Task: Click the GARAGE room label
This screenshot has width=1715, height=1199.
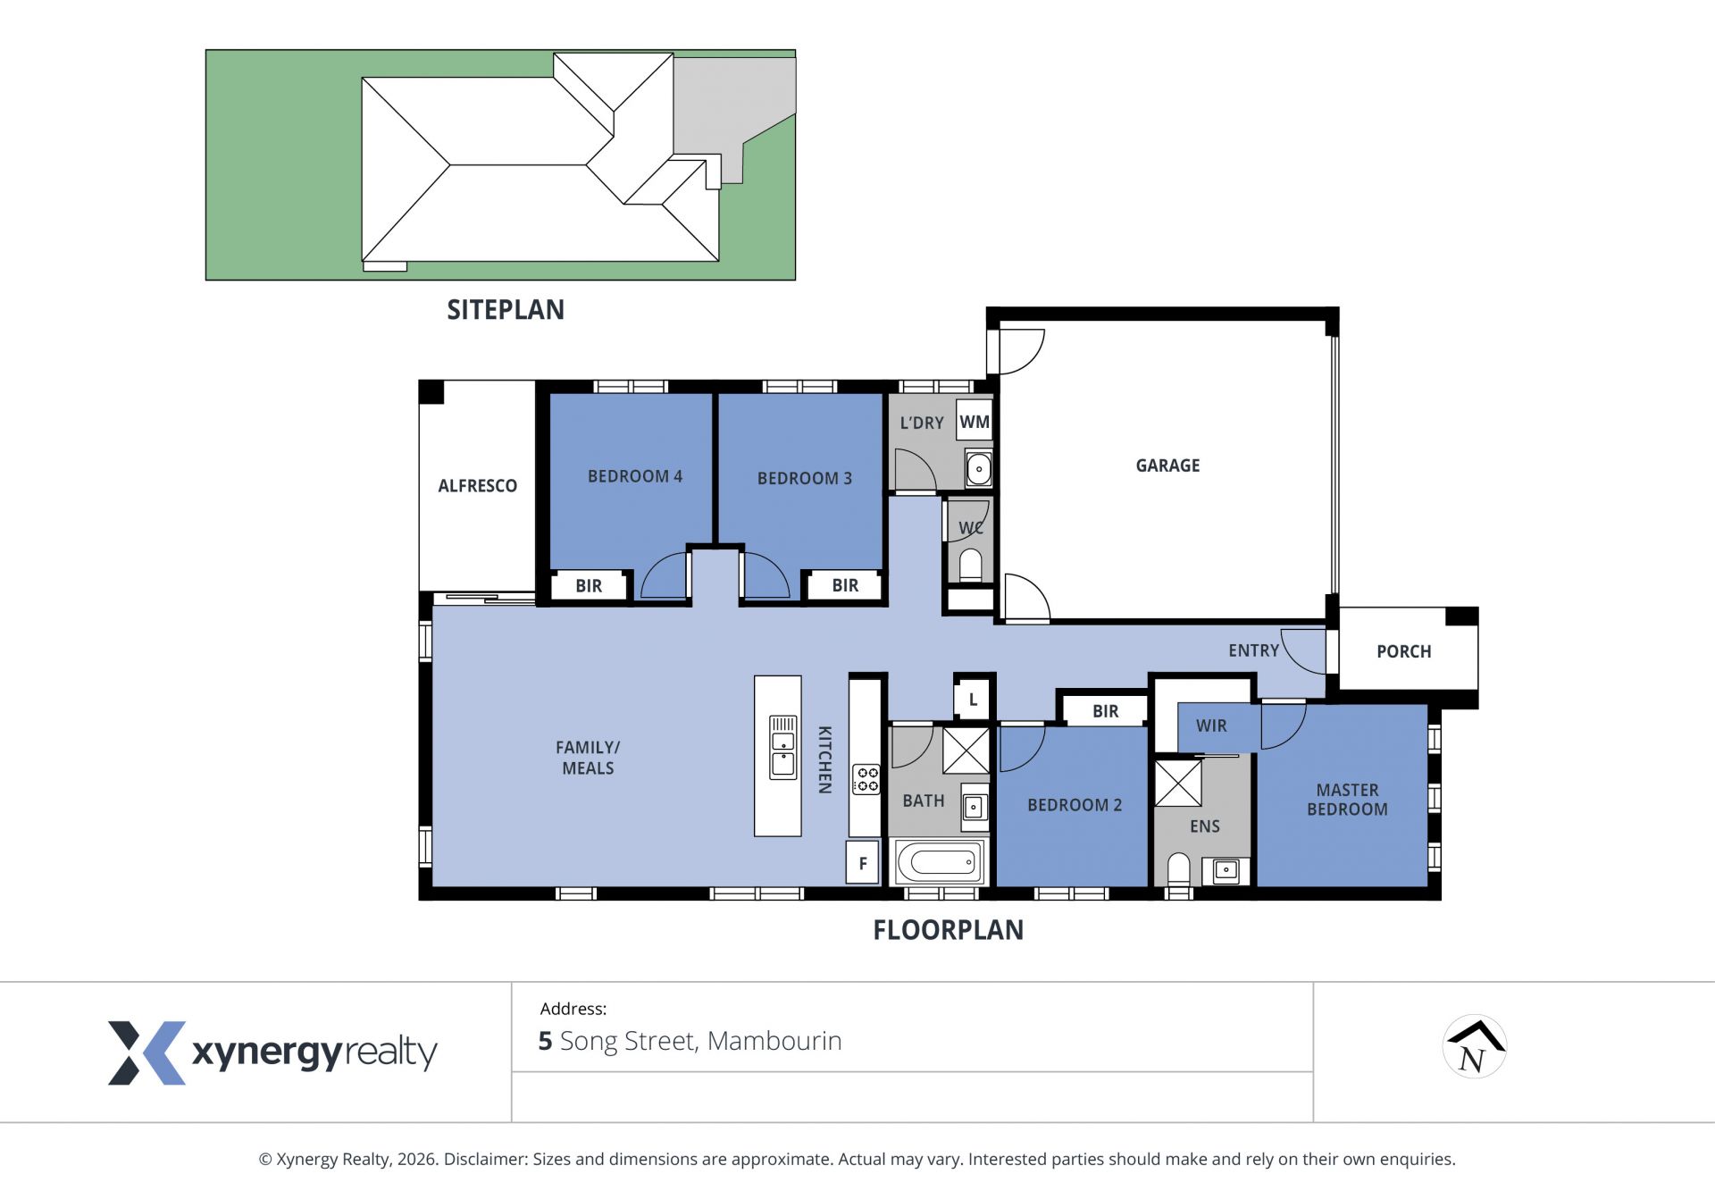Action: pos(1167,465)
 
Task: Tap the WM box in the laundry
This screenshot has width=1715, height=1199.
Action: pos(975,422)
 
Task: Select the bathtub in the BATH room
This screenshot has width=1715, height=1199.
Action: pos(938,863)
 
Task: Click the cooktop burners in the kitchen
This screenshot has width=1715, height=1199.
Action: pos(866,779)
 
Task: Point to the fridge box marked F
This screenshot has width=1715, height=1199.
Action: pos(863,863)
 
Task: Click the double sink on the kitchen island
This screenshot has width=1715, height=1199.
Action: pos(783,747)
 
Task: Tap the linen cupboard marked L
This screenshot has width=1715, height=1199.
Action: pos(973,700)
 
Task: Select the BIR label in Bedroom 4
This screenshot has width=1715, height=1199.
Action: pos(589,586)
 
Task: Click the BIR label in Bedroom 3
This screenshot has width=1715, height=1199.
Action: pos(845,586)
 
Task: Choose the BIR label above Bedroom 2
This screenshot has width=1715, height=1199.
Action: pos(1106,711)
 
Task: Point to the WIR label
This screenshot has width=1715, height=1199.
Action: pos(1211,726)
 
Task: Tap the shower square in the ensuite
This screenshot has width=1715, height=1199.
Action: pos(1178,784)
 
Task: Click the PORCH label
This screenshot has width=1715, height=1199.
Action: pos(1404,652)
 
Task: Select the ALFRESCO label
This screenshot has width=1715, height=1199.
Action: pos(478,486)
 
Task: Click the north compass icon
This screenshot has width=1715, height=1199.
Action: pos(1475,1047)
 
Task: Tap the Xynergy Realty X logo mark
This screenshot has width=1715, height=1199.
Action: pos(146,1053)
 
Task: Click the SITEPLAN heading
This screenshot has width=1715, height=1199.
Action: pos(506,310)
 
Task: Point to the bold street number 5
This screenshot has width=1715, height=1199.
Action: pos(545,1042)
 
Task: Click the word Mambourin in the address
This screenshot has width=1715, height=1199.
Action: pos(774,1042)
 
